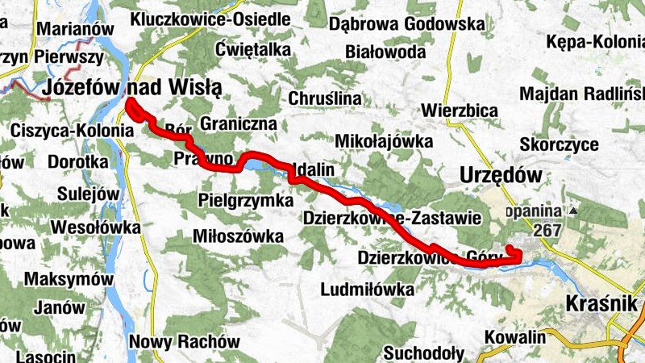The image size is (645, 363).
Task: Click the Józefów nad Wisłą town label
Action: click(x=133, y=87)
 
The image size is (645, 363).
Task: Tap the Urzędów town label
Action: click(x=497, y=174)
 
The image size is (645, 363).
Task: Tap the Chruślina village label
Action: click(x=324, y=98)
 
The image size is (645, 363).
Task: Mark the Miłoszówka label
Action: click(x=239, y=236)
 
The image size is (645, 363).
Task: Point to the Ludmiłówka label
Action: click(x=367, y=289)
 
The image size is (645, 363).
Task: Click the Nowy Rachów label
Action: click(x=185, y=341)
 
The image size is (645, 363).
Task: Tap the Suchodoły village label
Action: click(x=423, y=353)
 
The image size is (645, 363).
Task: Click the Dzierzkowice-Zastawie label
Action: click(x=392, y=218)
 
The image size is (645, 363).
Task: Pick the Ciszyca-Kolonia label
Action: click(x=72, y=130)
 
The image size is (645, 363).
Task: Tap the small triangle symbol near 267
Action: click(x=573, y=211)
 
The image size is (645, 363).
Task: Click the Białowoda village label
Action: click(x=385, y=52)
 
